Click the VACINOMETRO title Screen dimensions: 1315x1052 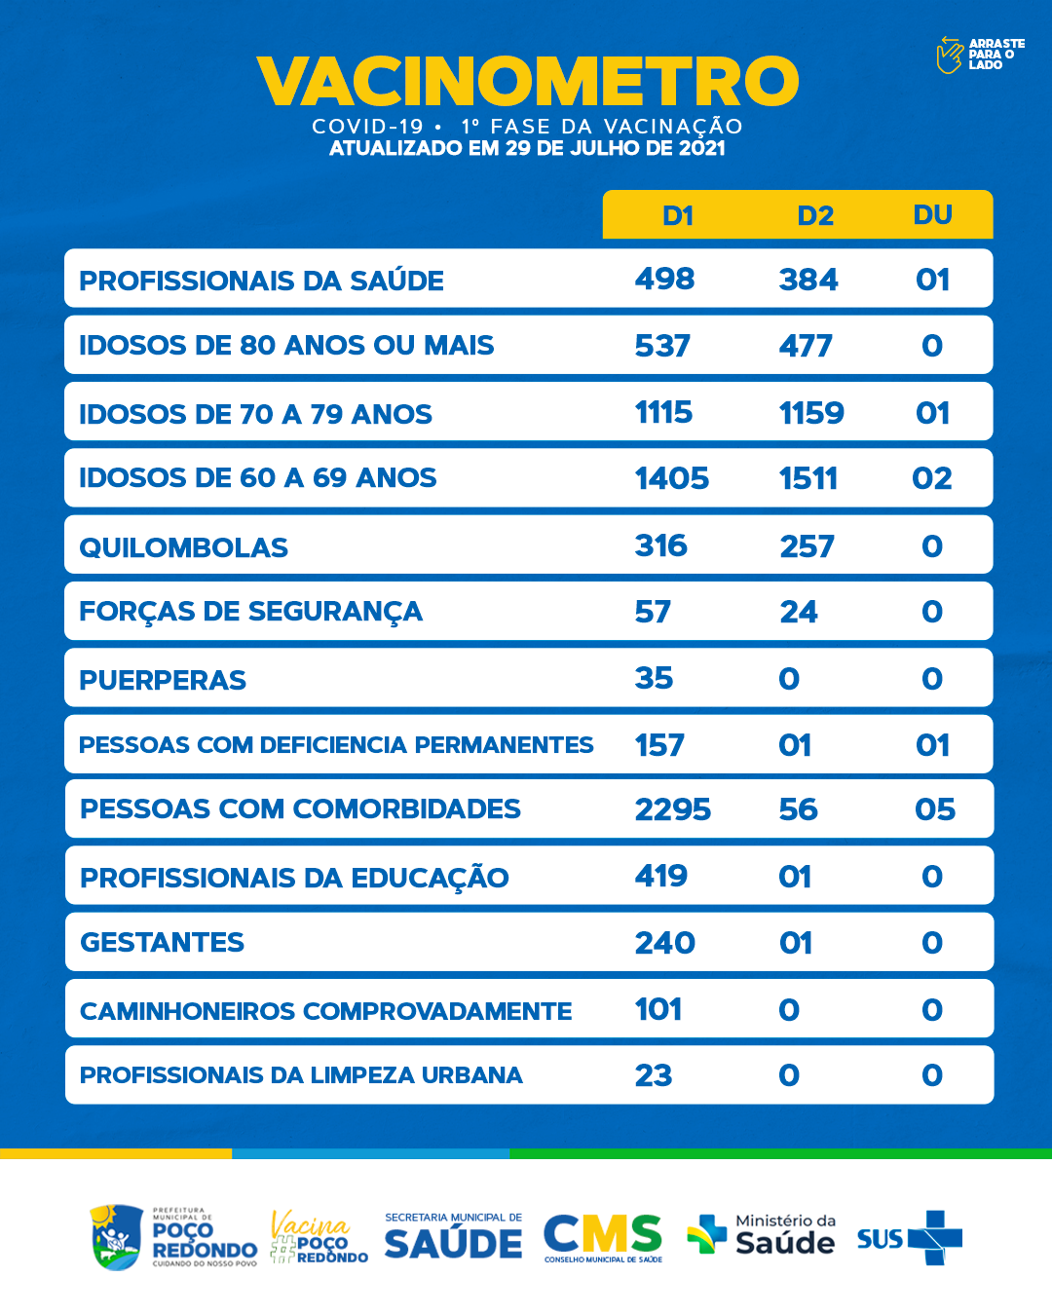click(527, 81)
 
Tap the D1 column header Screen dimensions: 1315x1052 click(677, 215)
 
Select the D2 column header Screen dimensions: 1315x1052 click(815, 215)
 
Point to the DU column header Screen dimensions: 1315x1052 click(932, 214)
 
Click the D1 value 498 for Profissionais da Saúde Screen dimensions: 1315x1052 click(664, 280)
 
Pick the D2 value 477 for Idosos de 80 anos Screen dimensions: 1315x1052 click(806, 346)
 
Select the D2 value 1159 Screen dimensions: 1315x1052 click(811, 413)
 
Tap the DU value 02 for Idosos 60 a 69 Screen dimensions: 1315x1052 click(932, 478)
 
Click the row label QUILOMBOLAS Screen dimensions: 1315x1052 click(183, 547)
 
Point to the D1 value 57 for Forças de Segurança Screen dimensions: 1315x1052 click(653, 612)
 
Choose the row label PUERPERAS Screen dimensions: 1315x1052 click(163, 680)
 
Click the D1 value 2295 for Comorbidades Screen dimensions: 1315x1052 click(673, 809)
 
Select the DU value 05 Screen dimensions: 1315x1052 click(935, 809)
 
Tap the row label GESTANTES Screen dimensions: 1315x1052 click(162, 942)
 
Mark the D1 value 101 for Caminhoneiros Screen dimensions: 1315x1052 click(658, 1009)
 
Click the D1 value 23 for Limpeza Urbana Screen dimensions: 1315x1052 click(654, 1075)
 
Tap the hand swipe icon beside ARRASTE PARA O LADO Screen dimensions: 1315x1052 click(949, 55)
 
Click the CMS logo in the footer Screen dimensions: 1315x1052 click(603, 1237)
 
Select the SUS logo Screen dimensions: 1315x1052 click(909, 1238)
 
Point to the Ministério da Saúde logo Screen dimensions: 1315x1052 click(762, 1235)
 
